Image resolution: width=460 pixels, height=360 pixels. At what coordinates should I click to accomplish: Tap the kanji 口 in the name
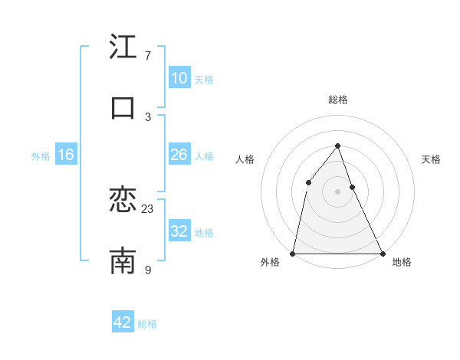click(123, 107)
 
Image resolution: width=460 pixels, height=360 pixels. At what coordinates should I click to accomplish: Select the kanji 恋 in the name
click(123, 201)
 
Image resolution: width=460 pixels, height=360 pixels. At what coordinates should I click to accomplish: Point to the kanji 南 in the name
click(123, 261)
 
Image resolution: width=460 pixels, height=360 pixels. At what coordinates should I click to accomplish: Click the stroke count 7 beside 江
click(147, 56)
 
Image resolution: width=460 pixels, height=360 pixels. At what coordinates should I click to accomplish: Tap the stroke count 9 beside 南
click(147, 269)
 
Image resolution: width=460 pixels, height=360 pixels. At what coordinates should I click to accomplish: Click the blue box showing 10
click(179, 78)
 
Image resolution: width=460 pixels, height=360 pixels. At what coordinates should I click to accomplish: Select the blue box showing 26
click(179, 155)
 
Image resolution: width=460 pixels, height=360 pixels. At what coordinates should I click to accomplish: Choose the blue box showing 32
click(179, 231)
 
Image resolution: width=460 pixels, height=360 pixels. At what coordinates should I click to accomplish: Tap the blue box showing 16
click(66, 155)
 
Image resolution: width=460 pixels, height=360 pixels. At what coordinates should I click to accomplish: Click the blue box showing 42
click(123, 322)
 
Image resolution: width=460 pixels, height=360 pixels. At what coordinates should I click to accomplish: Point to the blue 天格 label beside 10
click(204, 80)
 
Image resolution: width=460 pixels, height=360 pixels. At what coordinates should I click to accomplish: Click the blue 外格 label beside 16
click(41, 156)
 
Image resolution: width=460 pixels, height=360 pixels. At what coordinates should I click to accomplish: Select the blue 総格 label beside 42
click(147, 324)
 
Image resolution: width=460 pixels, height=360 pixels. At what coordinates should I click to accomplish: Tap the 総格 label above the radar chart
click(337, 100)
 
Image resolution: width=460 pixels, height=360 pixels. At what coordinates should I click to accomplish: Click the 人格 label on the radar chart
click(245, 159)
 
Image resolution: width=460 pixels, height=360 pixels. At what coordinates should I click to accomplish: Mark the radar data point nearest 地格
click(382, 253)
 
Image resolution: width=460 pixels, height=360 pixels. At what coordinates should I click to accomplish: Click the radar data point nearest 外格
click(293, 253)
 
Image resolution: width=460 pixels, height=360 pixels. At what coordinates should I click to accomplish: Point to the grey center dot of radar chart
click(337, 191)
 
